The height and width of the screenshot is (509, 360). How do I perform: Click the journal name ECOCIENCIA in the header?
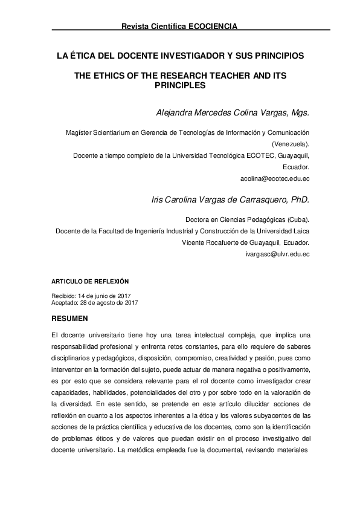(213, 27)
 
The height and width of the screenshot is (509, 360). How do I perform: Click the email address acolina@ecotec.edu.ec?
(275, 179)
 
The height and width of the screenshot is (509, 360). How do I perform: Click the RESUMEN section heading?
(70, 317)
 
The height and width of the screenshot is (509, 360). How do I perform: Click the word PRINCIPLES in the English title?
(181, 86)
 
